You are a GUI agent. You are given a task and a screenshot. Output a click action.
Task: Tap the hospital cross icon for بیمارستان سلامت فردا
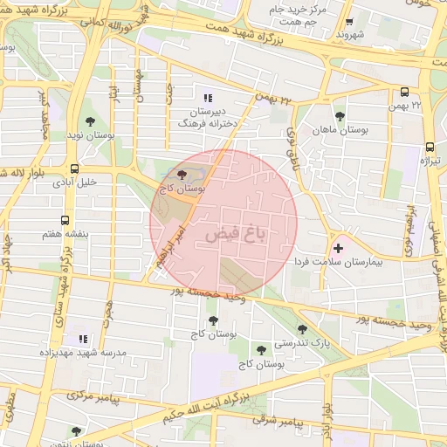[339, 250]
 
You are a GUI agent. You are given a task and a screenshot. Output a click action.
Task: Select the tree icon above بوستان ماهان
[340, 115]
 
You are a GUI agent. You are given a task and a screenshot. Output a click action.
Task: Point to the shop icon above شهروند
[349, 22]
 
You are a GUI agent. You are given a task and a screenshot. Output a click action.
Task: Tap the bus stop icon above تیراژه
[430, 148]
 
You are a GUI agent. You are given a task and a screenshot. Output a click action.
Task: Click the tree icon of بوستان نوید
[91, 122]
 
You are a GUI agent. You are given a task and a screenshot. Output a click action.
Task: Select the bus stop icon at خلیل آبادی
[74, 168]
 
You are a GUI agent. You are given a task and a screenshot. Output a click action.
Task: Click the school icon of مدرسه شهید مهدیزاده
[83, 339]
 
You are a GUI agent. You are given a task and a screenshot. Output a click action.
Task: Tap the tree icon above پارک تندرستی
[303, 329]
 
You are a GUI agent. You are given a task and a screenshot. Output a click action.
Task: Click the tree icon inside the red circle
[182, 175]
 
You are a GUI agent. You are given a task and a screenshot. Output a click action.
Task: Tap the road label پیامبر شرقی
[278, 422]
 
